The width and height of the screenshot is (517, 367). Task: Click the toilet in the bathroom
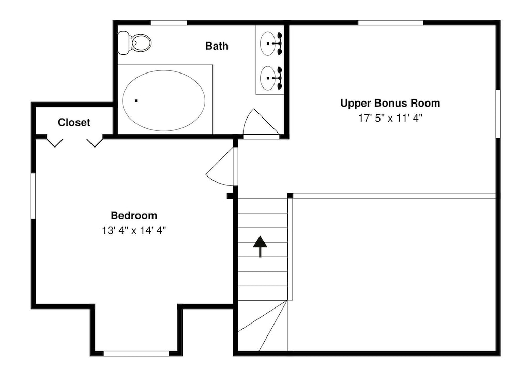click(134, 42)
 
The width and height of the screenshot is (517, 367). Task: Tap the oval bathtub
click(163, 100)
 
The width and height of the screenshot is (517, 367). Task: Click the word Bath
click(217, 46)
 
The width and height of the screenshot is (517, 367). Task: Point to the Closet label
click(74, 123)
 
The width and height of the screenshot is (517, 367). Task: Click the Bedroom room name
click(134, 215)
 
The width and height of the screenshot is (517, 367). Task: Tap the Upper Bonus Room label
click(390, 103)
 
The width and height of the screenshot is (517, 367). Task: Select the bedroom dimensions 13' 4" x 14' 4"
click(134, 230)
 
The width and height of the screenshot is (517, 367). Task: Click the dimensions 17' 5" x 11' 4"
click(390, 118)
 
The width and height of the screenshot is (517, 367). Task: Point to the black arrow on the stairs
click(260, 246)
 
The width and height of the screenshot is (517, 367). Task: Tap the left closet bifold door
click(55, 142)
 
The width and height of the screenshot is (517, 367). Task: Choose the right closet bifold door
click(95, 142)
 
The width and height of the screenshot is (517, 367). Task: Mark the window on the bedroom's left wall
click(33, 196)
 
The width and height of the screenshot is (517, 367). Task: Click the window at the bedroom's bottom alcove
click(136, 354)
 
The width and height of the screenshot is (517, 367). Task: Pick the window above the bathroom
click(169, 23)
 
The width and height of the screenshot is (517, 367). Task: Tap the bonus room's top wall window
click(391, 23)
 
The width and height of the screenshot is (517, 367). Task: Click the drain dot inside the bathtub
click(136, 100)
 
